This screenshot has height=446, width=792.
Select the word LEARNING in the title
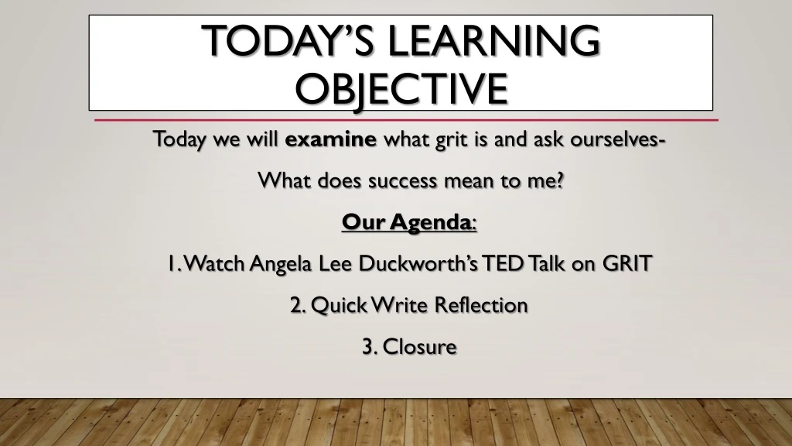click(495, 40)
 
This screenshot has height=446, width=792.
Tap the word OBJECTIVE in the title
click(401, 89)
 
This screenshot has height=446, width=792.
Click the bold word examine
click(330, 140)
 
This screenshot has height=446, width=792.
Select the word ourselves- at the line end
click(620, 140)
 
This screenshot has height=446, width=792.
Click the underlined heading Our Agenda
click(408, 223)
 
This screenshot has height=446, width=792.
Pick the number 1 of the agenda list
click(170, 264)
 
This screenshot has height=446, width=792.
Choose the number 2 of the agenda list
click(297, 305)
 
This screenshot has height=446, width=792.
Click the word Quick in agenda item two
click(338, 305)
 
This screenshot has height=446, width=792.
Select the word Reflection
click(480, 305)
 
